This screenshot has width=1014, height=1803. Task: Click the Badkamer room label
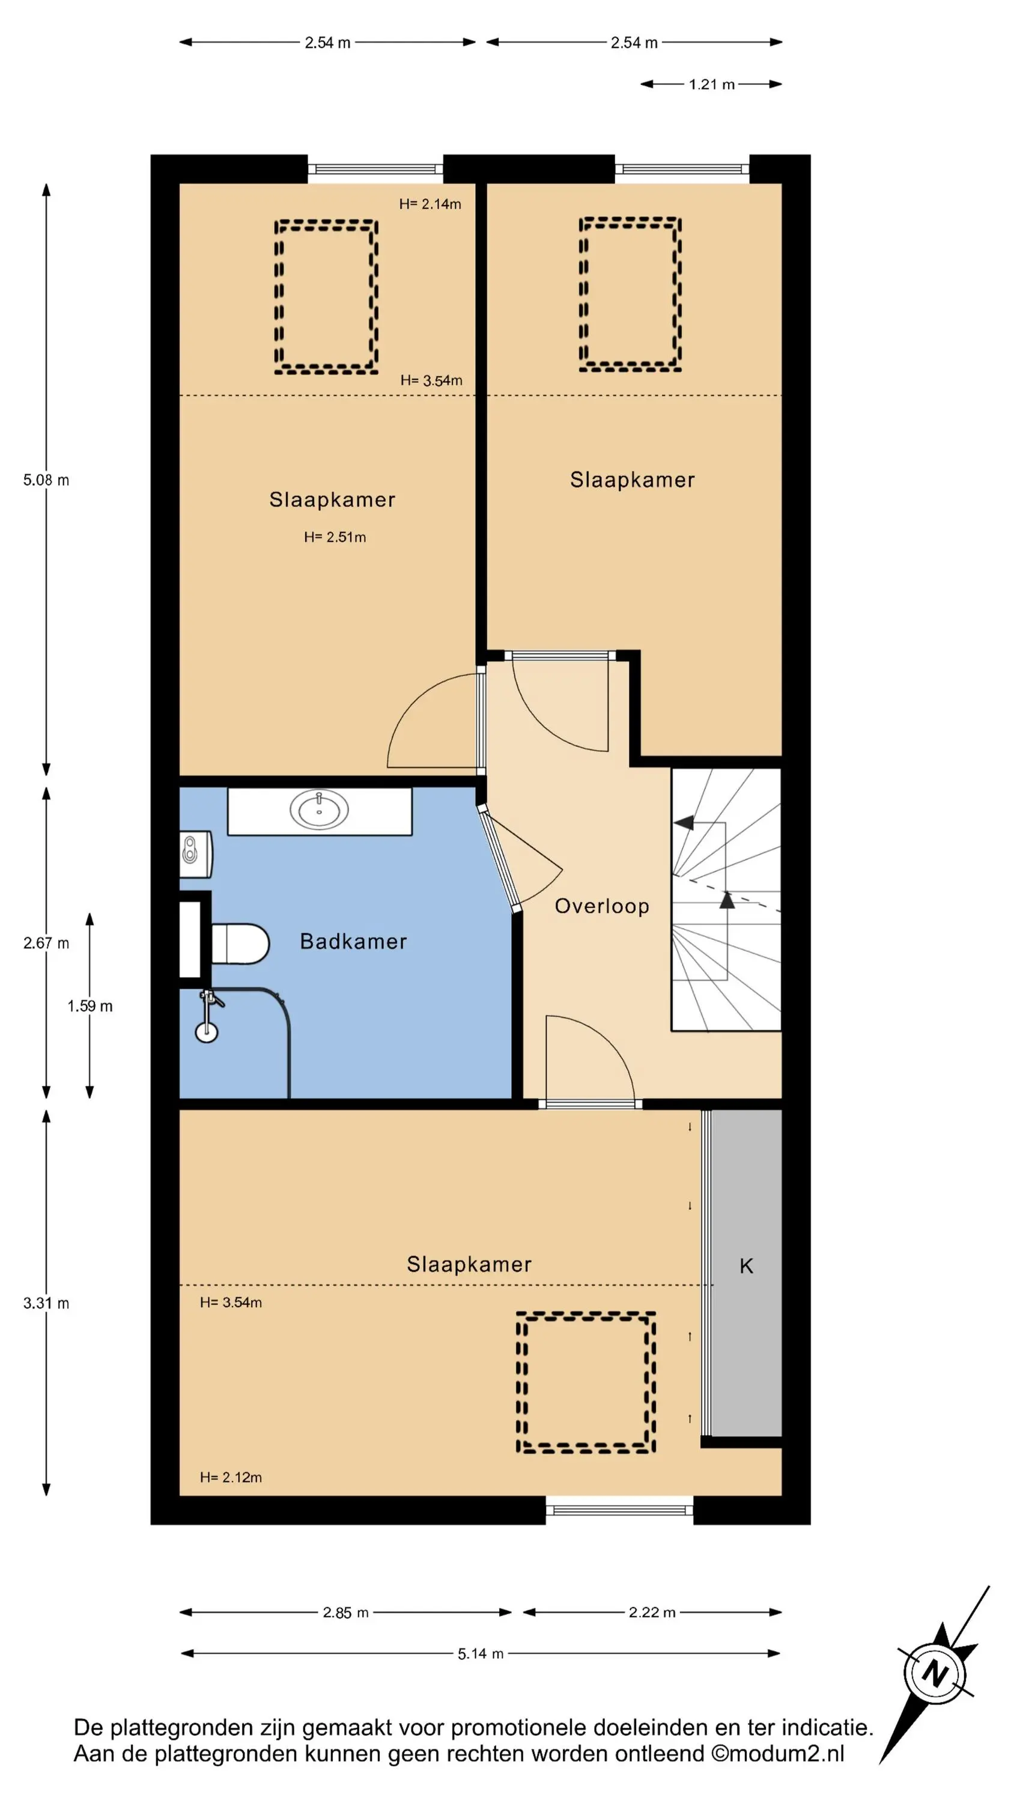(x=353, y=941)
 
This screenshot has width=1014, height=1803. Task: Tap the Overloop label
(x=602, y=906)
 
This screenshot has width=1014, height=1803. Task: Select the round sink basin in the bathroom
(x=319, y=811)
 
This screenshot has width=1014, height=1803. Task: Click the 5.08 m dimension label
(x=46, y=480)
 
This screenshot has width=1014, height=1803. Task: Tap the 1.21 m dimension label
(x=711, y=85)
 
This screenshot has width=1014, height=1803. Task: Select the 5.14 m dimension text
(x=481, y=1653)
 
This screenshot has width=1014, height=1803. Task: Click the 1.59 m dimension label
(x=90, y=1006)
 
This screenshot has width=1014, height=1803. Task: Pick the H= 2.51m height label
(x=335, y=537)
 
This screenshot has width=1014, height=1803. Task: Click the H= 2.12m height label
(x=231, y=1477)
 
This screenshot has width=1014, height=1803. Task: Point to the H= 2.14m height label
(x=430, y=204)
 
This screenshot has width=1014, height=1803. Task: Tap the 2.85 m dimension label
(x=345, y=1612)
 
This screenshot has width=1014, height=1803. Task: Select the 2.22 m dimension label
(x=652, y=1612)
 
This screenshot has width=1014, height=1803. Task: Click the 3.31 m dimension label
(x=46, y=1302)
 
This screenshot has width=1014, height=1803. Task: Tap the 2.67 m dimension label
(x=46, y=943)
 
